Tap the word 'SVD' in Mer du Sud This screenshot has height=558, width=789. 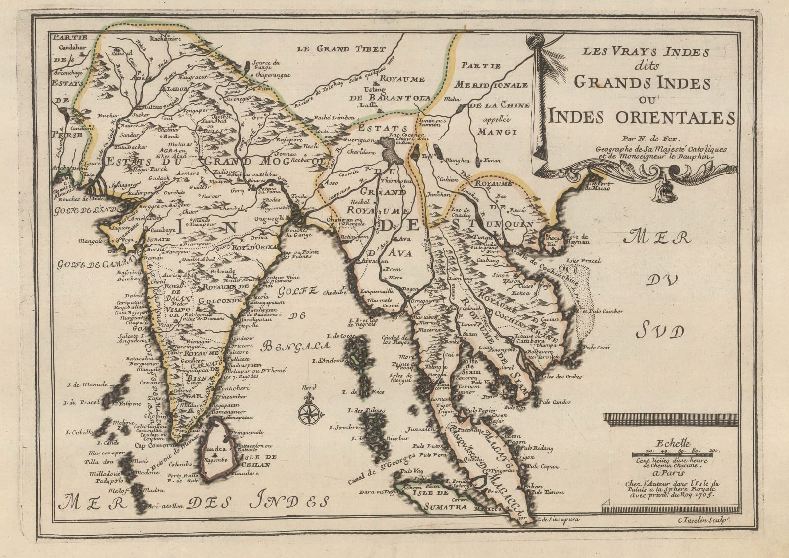point(660,331)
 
